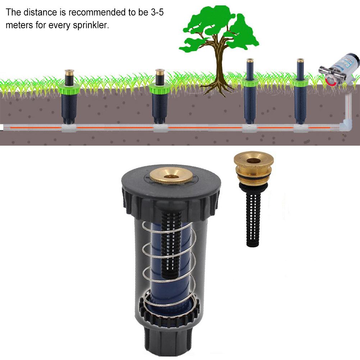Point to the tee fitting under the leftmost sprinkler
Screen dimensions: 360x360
(x=69, y=128)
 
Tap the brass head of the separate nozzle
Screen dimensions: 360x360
(x=249, y=160)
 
